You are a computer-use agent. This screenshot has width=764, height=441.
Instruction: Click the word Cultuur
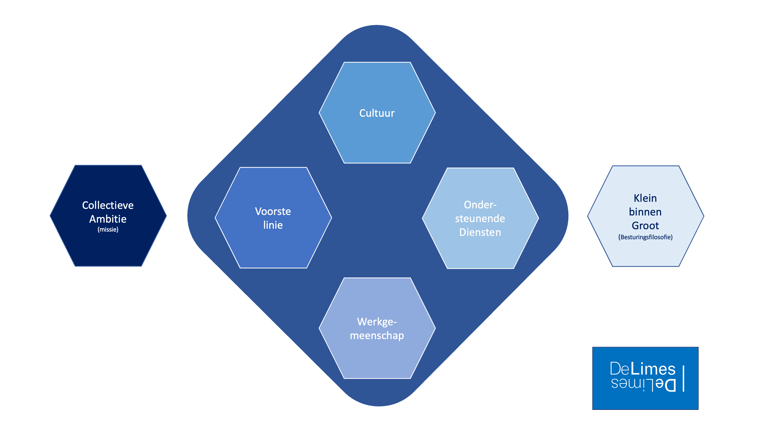click(377, 113)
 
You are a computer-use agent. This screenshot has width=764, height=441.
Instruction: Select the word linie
click(273, 225)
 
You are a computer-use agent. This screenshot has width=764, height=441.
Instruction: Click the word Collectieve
click(108, 205)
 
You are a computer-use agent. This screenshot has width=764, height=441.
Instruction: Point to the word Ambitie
click(108, 219)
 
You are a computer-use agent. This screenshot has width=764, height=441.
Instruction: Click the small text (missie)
click(108, 229)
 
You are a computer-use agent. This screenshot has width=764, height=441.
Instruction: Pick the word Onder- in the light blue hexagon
click(480, 205)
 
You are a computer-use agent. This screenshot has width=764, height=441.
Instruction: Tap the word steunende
click(480, 218)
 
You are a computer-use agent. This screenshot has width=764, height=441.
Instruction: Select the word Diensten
click(480, 232)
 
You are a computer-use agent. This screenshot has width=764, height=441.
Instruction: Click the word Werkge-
click(377, 321)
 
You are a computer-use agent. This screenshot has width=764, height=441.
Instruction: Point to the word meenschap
click(377, 335)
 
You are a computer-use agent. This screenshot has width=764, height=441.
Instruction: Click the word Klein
click(645, 198)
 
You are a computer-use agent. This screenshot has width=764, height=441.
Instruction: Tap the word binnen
click(645, 212)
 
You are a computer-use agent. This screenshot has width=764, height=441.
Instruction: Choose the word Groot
click(645, 225)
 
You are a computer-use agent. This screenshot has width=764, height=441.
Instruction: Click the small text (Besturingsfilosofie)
click(645, 237)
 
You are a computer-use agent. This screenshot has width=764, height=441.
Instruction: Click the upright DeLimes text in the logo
click(642, 369)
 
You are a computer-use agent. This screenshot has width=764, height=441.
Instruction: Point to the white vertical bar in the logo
click(683, 378)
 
